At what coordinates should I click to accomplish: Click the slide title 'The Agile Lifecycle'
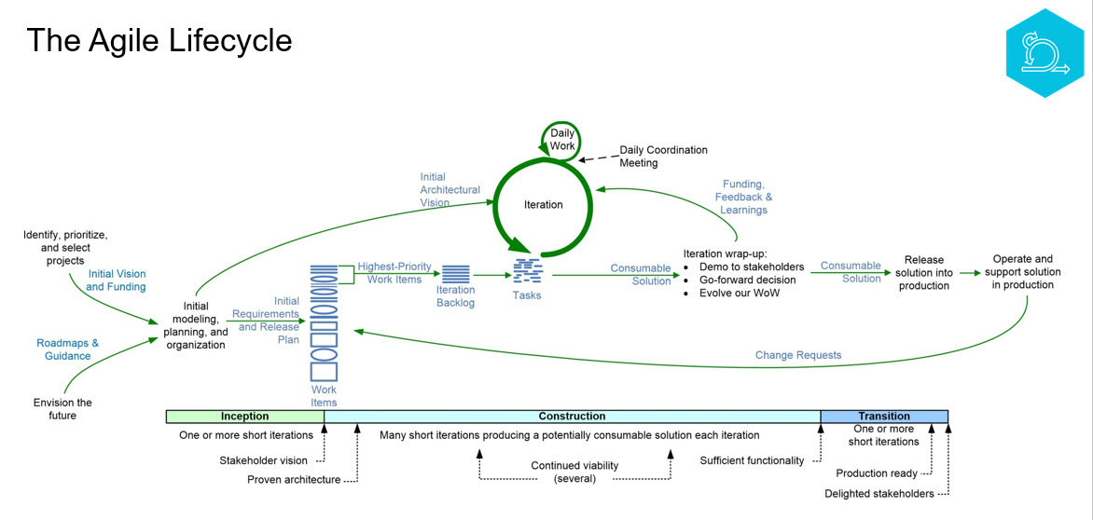pyautogui.click(x=159, y=41)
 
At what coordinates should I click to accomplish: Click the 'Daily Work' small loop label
pyautogui.click(x=562, y=140)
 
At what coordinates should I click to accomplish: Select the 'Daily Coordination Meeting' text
pyautogui.click(x=663, y=157)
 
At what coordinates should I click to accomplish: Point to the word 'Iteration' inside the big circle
pyautogui.click(x=543, y=204)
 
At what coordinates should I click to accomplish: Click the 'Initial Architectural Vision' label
pyautogui.click(x=450, y=190)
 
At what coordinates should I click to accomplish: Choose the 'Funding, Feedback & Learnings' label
pyautogui.click(x=743, y=197)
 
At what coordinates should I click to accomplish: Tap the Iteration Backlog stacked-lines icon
pyautogui.click(x=455, y=275)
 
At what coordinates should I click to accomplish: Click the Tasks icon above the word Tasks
pyautogui.click(x=527, y=271)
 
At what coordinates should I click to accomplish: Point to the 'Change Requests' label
pyautogui.click(x=798, y=355)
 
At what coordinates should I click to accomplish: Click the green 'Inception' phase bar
pyautogui.click(x=244, y=417)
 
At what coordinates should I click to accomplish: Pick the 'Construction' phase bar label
pyautogui.click(x=572, y=417)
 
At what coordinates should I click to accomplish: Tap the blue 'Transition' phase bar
pyautogui.click(x=883, y=417)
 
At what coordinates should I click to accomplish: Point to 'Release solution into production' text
pyautogui.click(x=923, y=273)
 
